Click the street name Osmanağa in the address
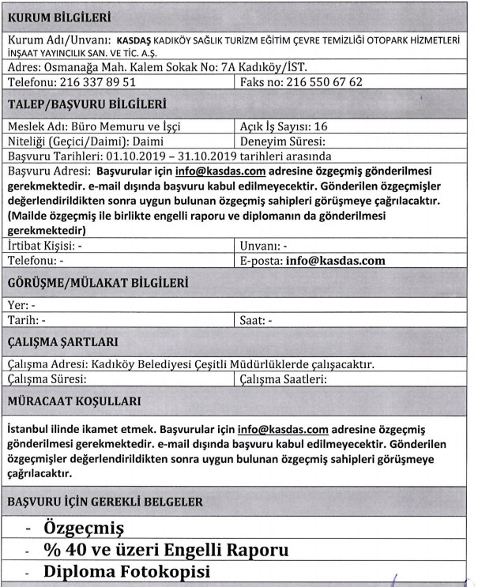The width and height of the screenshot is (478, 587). coord(73,66)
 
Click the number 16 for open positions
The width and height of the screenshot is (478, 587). coord(329,126)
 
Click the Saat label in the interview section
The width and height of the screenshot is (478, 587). coord(252,320)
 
